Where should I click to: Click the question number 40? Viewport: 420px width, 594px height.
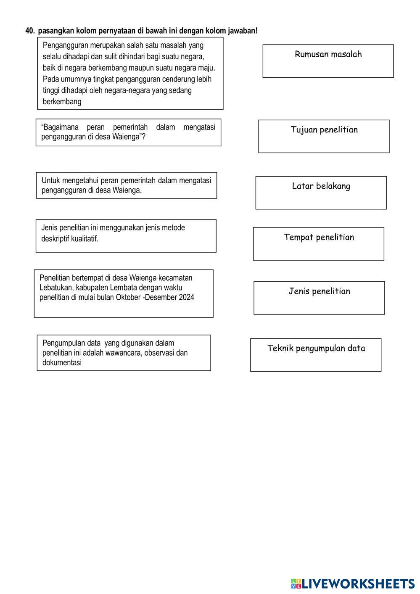pos(29,31)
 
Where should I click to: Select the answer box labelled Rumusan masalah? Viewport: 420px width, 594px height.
pos(328,61)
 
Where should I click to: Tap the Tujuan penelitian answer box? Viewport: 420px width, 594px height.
pos(324,136)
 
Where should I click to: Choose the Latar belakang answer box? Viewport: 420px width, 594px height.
pos(321,193)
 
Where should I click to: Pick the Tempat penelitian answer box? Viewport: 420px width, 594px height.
pos(318,244)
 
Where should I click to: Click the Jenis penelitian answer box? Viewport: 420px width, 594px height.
pos(319,298)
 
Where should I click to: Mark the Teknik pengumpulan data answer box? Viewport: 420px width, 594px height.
pos(316,355)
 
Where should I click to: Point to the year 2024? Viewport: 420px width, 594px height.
pos(186,298)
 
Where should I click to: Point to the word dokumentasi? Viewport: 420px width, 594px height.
pos(62,363)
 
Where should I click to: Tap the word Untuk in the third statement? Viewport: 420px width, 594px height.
pos(51,181)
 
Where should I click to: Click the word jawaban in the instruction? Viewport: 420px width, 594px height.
pos(242,31)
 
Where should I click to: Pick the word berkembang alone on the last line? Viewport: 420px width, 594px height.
pos(62,102)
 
